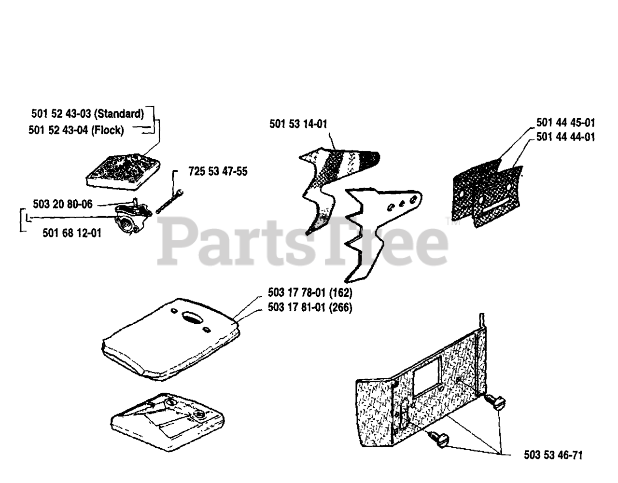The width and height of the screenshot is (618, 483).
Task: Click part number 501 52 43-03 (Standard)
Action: click(x=87, y=114)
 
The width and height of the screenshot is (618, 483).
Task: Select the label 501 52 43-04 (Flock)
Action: click(x=76, y=130)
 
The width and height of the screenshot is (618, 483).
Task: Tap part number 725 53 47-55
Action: click(x=218, y=172)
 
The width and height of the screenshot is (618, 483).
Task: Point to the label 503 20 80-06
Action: click(x=63, y=204)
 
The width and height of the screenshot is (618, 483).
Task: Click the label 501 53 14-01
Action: click(x=298, y=124)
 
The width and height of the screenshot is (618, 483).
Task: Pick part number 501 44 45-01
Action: click(x=565, y=122)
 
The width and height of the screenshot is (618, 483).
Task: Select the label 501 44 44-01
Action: click(x=565, y=137)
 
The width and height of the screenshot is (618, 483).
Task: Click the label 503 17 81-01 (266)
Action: click(x=309, y=307)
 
